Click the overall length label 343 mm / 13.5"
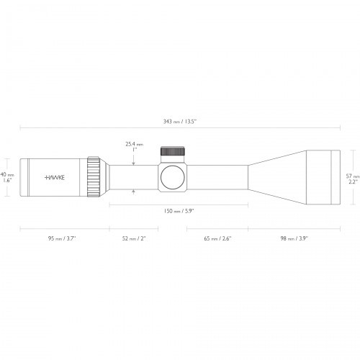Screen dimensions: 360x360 click(179, 121)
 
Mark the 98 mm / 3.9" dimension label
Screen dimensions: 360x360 click(293, 237)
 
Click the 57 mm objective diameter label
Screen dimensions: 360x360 click(351, 175)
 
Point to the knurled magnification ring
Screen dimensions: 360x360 click(94, 176)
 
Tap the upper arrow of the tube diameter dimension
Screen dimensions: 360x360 click(134, 163)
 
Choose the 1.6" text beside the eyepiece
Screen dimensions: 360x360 click(6, 181)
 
